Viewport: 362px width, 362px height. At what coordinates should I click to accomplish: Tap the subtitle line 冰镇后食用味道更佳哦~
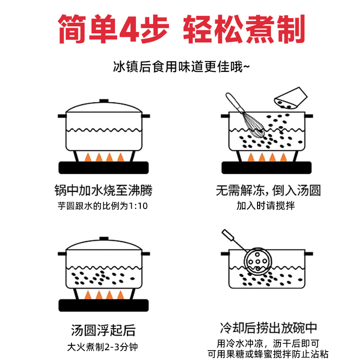point(181,67)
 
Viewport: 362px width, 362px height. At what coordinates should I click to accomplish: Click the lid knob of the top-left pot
point(104,101)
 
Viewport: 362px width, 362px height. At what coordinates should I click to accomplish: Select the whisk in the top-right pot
point(250,121)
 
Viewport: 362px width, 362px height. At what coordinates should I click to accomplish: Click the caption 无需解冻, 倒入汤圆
point(268,191)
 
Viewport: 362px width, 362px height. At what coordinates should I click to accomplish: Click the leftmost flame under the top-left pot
point(88,157)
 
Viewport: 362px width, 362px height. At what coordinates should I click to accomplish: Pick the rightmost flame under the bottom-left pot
point(120,295)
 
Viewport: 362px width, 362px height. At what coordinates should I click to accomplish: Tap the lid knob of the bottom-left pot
point(104,239)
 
